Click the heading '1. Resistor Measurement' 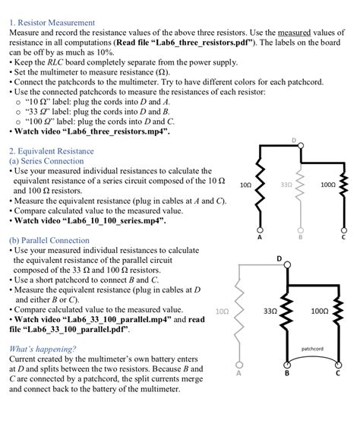coord(52,23)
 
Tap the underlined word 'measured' coord(294,33)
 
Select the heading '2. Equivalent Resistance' coord(52,151)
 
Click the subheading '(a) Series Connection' coord(46,161)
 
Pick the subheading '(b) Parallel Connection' coord(49,240)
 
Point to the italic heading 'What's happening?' coord(43,349)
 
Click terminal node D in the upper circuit coord(301,146)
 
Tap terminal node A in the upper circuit coord(260,229)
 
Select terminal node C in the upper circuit coord(343,229)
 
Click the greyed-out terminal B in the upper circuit coord(301,230)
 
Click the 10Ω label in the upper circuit coord(245,185)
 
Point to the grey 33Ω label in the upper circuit coord(286,185)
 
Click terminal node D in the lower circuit coord(287,265)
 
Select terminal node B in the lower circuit coord(287,365)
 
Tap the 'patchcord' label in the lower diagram coord(312,349)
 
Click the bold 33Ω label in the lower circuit coord(270,311)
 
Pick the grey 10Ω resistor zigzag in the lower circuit coord(239,313)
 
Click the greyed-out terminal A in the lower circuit coord(239,365)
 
